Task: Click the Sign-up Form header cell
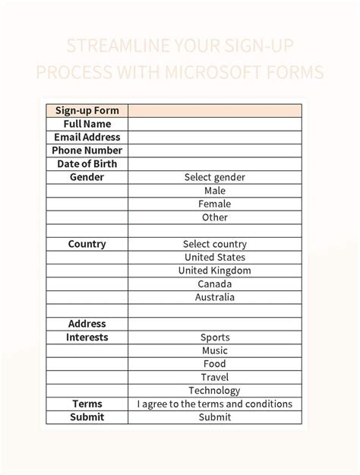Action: pyautogui.click(x=87, y=111)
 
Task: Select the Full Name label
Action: pyautogui.click(x=87, y=124)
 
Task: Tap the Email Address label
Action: pyautogui.click(x=87, y=138)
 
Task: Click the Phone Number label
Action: pyautogui.click(x=87, y=150)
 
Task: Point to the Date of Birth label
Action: pyautogui.click(x=87, y=164)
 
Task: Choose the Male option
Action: pyautogui.click(x=215, y=191)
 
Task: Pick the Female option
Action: pyautogui.click(x=215, y=204)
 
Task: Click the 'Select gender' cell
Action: pyautogui.click(x=215, y=177)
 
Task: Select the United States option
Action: pyautogui.click(x=215, y=258)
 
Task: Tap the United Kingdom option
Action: pyautogui.click(x=215, y=271)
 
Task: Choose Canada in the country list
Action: pyautogui.click(x=215, y=284)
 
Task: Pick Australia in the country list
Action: pyautogui.click(x=215, y=297)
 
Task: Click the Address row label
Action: pyautogui.click(x=87, y=324)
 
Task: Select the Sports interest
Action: pyautogui.click(x=215, y=337)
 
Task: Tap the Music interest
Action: pyautogui.click(x=215, y=350)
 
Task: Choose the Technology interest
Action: pyautogui.click(x=215, y=391)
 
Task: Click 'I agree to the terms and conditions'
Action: pyautogui.click(x=215, y=404)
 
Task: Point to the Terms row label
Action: pyautogui.click(x=87, y=404)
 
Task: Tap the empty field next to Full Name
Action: pyautogui.click(x=215, y=124)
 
